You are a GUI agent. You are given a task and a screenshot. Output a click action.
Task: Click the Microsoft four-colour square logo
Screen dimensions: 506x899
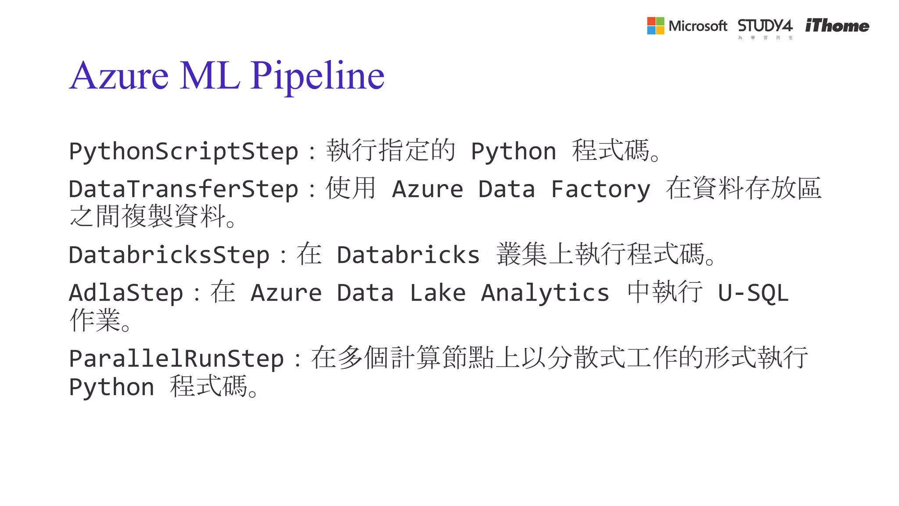[x=655, y=26]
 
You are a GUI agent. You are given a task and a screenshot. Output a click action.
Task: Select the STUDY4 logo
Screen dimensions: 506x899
[x=765, y=27]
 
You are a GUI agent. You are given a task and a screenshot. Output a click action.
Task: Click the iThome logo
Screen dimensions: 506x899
[x=837, y=26]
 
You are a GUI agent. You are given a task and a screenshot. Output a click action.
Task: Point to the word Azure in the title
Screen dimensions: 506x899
[x=119, y=76]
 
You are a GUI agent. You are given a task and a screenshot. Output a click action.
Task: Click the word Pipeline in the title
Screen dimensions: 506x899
[x=317, y=76]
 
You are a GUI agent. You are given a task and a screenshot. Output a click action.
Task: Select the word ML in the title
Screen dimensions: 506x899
[x=210, y=76]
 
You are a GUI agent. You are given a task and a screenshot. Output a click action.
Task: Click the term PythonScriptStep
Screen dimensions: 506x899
[x=183, y=152]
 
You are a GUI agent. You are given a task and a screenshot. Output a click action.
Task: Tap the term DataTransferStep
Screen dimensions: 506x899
[x=183, y=189]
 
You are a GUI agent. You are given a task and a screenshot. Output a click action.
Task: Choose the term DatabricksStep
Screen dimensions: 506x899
[x=169, y=255]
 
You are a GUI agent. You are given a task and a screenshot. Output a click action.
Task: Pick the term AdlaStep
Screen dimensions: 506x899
[x=126, y=293]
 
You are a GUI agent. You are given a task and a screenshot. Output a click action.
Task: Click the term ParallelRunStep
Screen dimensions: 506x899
[x=176, y=359]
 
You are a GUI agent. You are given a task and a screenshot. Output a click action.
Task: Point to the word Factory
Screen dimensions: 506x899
[x=601, y=189]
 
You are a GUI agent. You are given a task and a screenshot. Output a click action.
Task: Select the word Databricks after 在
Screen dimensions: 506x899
[x=408, y=255]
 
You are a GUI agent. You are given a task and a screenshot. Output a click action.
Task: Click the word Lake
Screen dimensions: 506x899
[x=437, y=293]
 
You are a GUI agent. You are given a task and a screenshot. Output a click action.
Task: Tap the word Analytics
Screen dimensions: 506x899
[x=545, y=293]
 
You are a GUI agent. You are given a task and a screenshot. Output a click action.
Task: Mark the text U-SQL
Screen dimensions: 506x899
[x=753, y=293]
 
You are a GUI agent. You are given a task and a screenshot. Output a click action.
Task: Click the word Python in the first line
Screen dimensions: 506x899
[x=514, y=152]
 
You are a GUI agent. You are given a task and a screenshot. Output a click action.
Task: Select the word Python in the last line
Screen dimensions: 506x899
[x=111, y=387]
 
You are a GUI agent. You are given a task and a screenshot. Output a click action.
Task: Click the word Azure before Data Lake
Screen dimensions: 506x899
[x=286, y=293]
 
